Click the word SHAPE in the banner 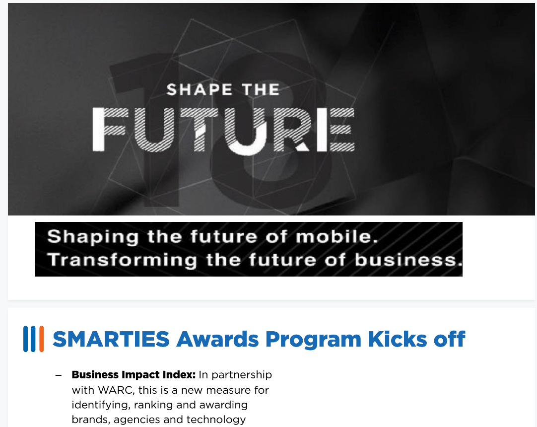tap(199, 90)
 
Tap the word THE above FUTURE tap(261, 90)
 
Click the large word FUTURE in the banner tap(224, 130)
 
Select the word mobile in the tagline tap(336, 236)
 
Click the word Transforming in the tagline tap(122, 260)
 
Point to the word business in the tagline tap(408, 259)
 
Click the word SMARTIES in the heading tap(111, 339)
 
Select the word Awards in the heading tap(217, 339)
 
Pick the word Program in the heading tap(313, 340)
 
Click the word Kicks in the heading tap(397, 339)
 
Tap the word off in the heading tap(449, 339)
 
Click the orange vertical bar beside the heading tap(41, 339)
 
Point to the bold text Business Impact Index tap(134, 374)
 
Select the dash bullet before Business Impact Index tap(59, 375)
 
